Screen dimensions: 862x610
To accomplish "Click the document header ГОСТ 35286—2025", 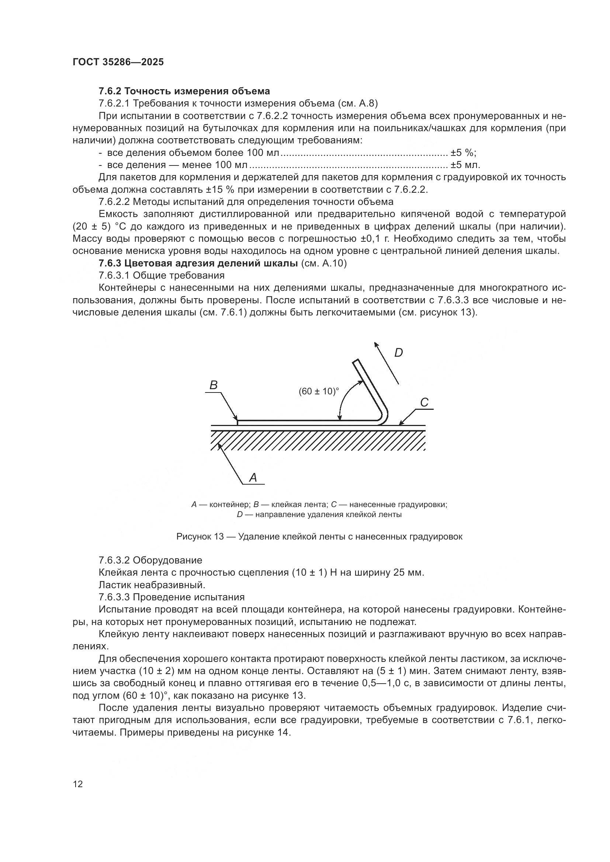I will tap(118, 62).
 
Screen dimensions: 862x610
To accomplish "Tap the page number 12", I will tap(78, 784).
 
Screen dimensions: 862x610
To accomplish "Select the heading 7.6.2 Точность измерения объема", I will tap(184, 91).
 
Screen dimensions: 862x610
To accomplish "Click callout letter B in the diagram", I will tap(213, 385).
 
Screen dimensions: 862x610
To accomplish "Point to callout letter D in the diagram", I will tap(398, 353).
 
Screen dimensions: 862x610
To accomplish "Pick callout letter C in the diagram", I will tap(424, 402).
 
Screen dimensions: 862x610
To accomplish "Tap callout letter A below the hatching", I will tap(253, 478).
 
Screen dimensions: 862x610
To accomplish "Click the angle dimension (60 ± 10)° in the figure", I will tap(319, 391).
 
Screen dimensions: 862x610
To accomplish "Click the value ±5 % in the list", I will tap(463, 153).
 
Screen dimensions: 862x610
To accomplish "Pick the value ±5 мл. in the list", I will tap(465, 165).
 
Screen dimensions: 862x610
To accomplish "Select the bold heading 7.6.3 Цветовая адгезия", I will tap(198, 263).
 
